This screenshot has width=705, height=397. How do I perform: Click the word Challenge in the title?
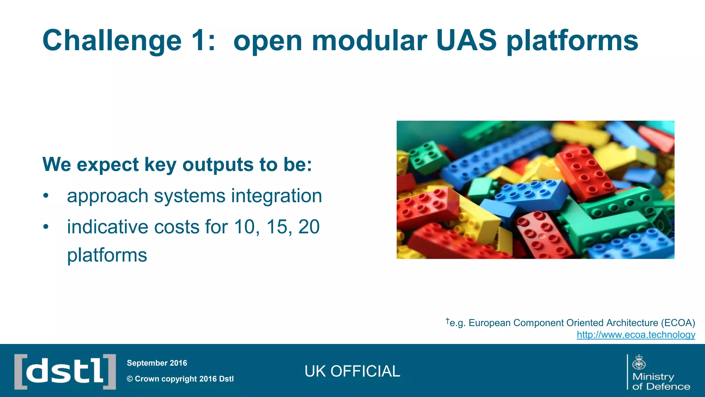pyautogui.click(x=112, y=41)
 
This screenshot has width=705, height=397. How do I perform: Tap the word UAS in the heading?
pyautogui.click(x=466, y=41)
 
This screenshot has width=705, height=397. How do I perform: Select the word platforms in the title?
pyautogui.click(x=572, y=41)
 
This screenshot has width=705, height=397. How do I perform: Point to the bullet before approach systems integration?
pyautogui.click(x=46, y=196)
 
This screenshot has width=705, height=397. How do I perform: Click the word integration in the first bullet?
pyautogui.click(x=276, y=196)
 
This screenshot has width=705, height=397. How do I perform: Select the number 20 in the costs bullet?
pyautogui.click(x=309, y=227)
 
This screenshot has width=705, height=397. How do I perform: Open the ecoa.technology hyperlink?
pyautogui.click(x=636, y=335)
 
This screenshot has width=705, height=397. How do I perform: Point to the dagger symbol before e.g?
pyautogui.click(x=448, y=321)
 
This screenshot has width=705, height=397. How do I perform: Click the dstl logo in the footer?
pyautogui.click(x=65, y=371)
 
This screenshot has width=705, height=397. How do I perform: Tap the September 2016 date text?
pyautogui.click(x=157, y=363)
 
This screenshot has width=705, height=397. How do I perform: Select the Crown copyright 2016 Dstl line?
pyautogui.click(x=180, y=379)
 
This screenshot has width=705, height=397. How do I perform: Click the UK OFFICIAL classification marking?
pyautogui.click(x=352, y=371)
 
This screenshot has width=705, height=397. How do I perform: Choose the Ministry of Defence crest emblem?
pyautogui.click(x=639, y=363)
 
